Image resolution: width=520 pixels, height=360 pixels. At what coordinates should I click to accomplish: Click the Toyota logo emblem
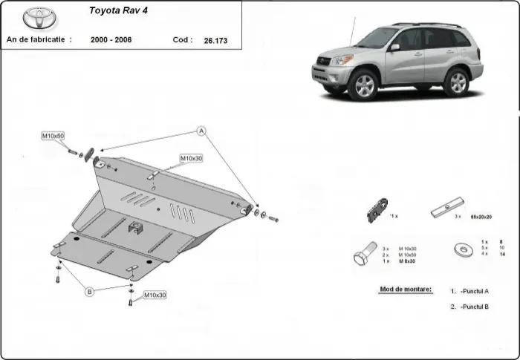click(35, 18)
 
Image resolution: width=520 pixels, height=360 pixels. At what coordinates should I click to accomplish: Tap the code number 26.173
click(216, 40)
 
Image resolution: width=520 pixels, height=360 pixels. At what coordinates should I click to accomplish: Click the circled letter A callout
click(201, 131)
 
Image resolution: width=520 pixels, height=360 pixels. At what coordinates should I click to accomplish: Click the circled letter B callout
click(90, 292)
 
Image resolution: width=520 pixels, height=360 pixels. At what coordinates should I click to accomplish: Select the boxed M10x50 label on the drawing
click(53, 137)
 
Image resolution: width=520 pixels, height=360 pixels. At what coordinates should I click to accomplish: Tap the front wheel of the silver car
click(364, 85)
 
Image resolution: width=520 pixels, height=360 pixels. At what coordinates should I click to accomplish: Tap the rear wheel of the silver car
click(456, 82)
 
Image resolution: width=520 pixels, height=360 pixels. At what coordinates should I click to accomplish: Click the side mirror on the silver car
click(394, 48)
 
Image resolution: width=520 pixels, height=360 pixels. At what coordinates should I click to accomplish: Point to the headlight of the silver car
click(342, 60)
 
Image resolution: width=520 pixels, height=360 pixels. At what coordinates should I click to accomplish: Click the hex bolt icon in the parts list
click(363, 256)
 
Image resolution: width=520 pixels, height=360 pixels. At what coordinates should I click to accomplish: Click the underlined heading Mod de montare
click(406, 289)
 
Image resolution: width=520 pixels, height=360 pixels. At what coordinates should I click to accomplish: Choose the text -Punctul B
click(474, 306)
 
